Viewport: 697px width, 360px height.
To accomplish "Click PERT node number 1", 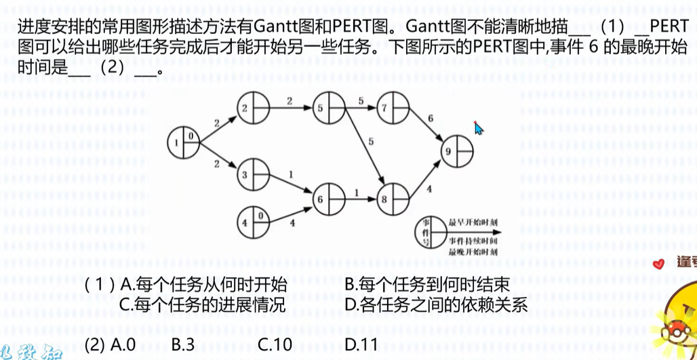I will pos(182,142).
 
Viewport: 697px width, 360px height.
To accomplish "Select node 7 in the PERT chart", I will pos(394,107).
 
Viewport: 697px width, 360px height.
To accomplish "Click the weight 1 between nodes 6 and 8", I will pos(357,193).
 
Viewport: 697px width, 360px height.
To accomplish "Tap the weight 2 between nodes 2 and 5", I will pos(290,101).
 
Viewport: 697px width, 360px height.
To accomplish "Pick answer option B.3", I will pos(182,344).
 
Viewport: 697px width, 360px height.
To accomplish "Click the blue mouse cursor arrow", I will pos(479,129).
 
